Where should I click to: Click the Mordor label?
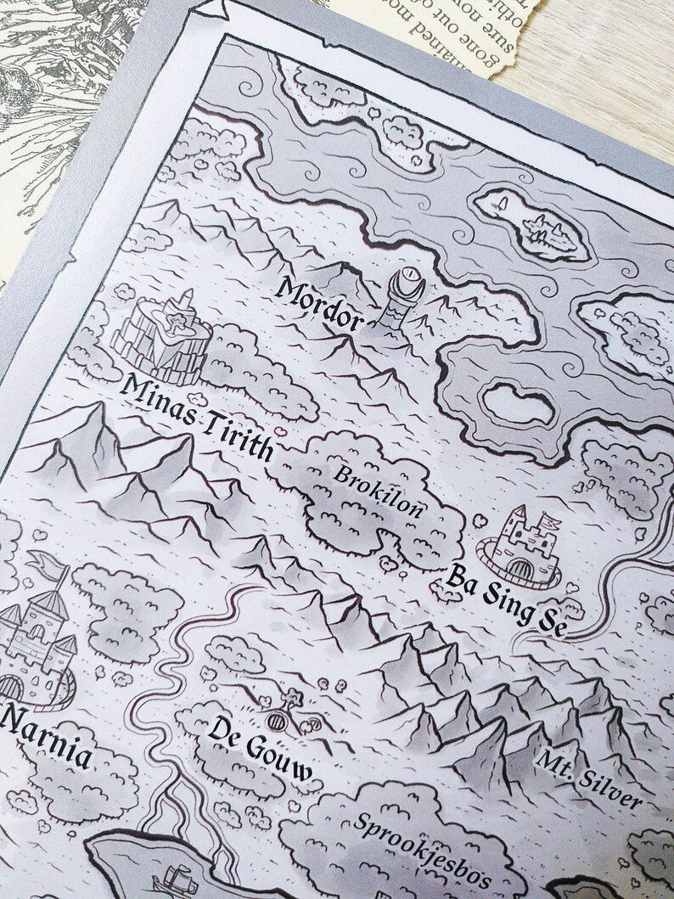pyautogui.click(x=319, y=304)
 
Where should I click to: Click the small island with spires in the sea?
pyautogui.click(x=536, y=226)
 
